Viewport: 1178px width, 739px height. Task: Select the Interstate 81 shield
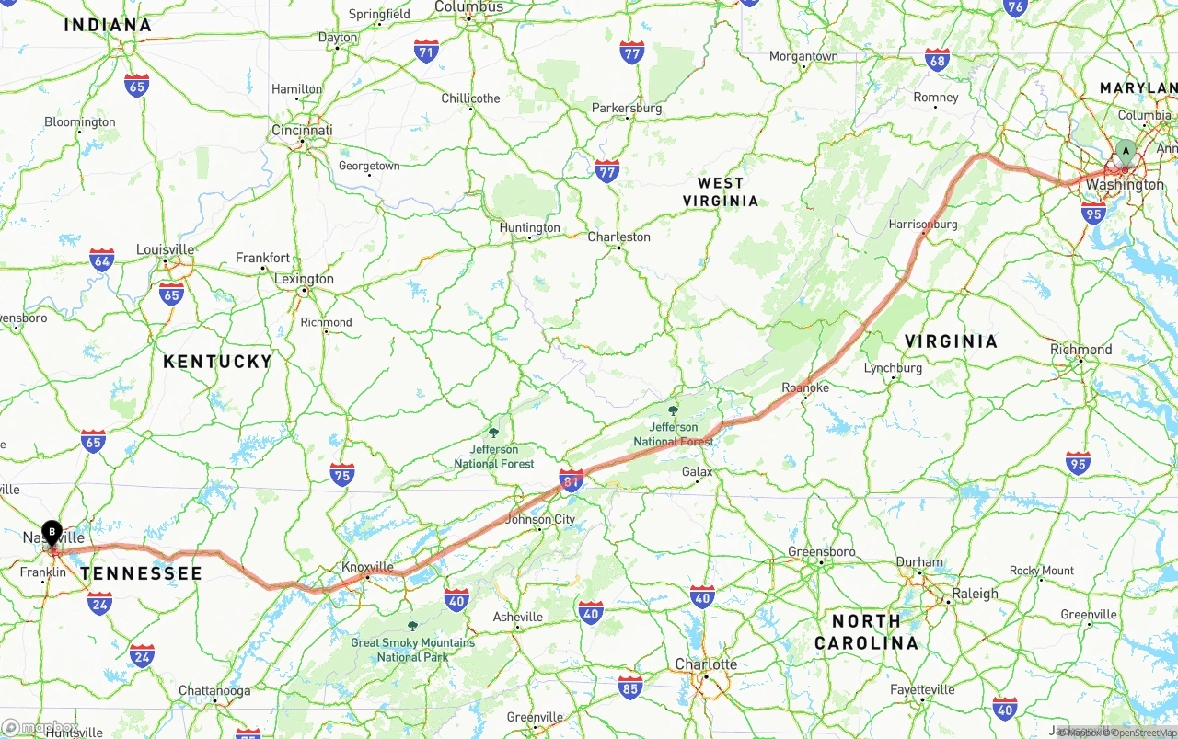(572, 479)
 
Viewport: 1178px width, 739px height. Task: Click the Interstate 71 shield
(426, 51)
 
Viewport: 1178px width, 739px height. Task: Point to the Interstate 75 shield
(342, 474)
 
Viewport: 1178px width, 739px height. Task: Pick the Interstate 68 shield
(937, 60)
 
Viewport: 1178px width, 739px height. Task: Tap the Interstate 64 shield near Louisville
(102, 260)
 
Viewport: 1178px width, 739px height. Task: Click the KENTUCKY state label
(217, 362)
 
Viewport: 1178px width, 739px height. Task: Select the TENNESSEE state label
(141, 574)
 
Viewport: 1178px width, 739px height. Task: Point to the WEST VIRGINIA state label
(721, 192)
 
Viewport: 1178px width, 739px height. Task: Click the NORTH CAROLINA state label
(866, 631)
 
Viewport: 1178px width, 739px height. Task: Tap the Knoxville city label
(367, 567)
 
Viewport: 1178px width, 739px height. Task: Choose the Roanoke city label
(805, 387)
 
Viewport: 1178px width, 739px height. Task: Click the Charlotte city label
(706, 664)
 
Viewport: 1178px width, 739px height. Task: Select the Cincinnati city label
(302, 131)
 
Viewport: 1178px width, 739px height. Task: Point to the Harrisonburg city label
(923, 224)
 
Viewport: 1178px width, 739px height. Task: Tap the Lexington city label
(304, 279)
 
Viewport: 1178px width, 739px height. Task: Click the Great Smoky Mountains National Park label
(412, 649)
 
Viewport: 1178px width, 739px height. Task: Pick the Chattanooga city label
(214, 690)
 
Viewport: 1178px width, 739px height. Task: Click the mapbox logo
(40, 727)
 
